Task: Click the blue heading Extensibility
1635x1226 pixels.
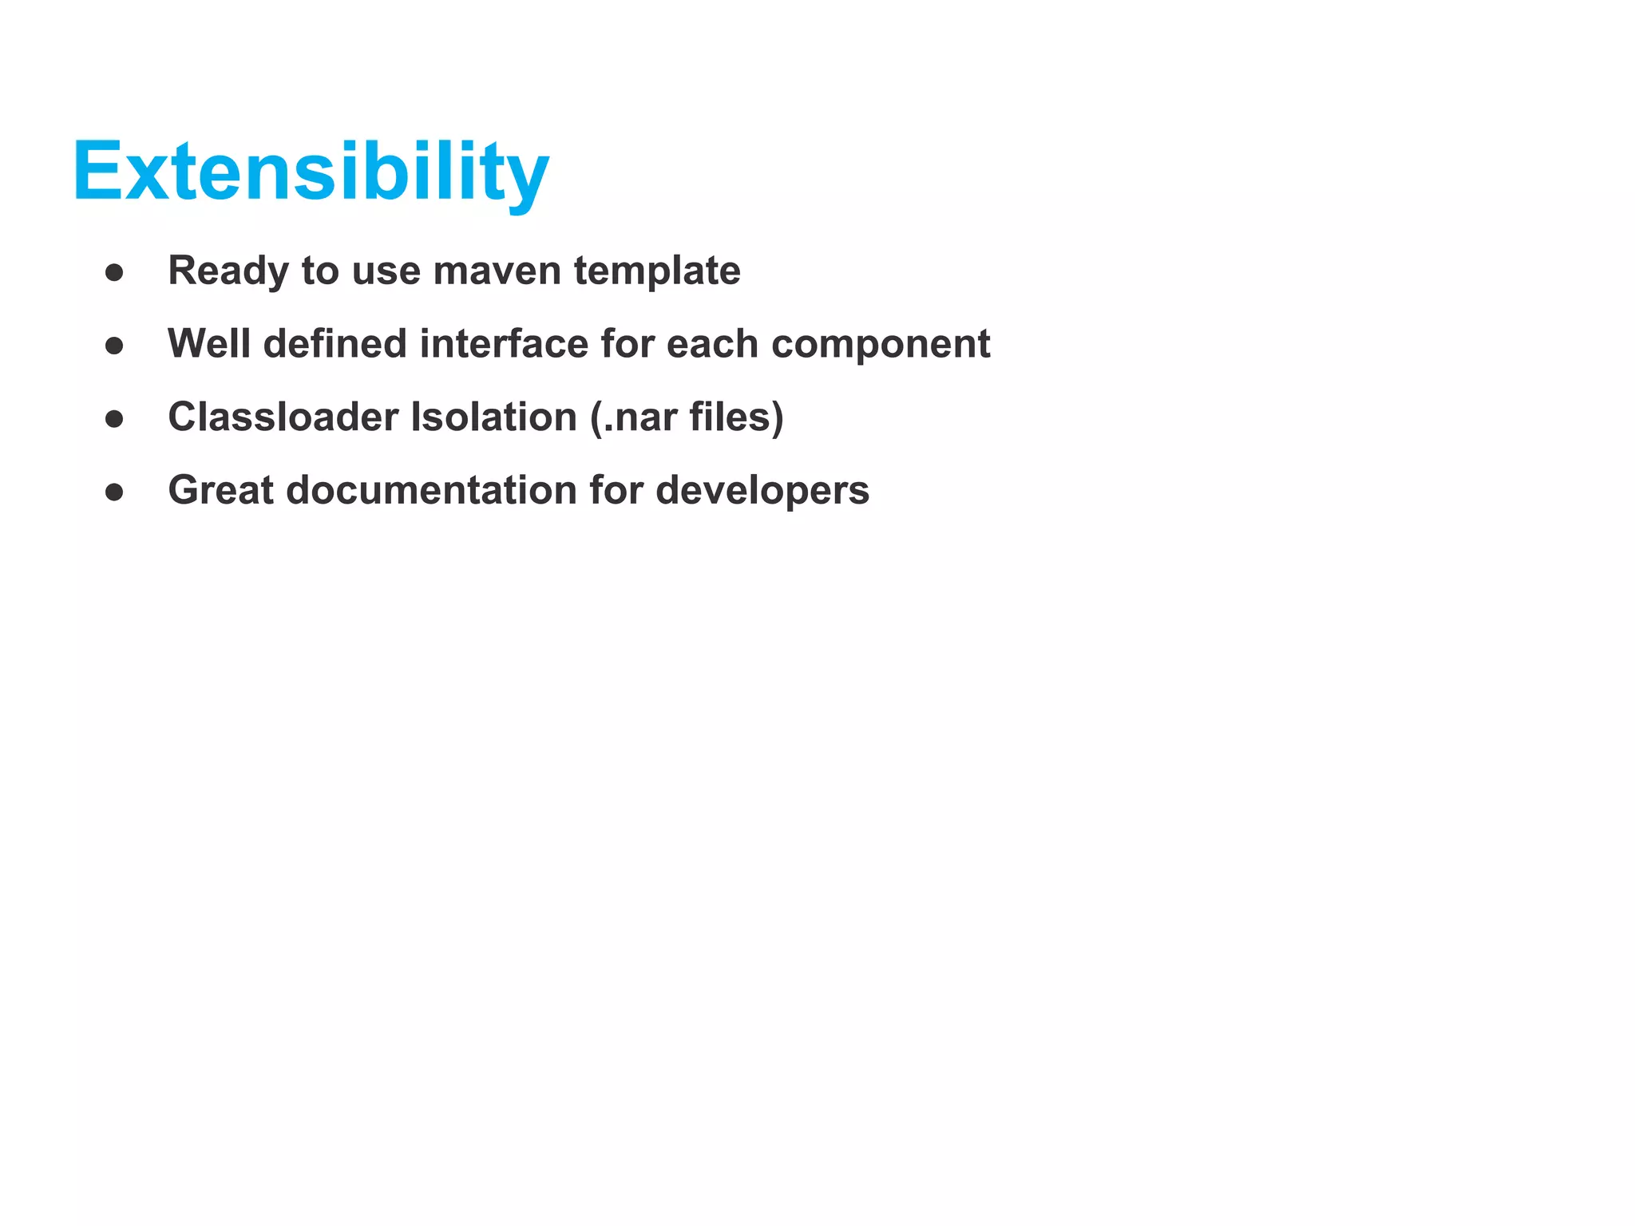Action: pos(311,172)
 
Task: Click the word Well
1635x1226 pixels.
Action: pos(209,344)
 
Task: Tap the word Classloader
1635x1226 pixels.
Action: pos(283,417)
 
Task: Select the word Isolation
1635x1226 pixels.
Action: pos(493,417)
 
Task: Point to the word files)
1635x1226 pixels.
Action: pos(736,417)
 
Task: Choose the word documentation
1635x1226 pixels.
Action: pos(431,490)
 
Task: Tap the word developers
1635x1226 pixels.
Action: pos(762,490)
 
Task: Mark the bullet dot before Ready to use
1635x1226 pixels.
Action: pos(114,273)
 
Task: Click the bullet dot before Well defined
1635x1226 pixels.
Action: pos(114,346)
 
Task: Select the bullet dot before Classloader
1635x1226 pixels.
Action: pos(114,419)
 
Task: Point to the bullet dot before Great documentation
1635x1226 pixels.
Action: pos(114,492)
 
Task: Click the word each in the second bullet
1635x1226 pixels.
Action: pos(712,344)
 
